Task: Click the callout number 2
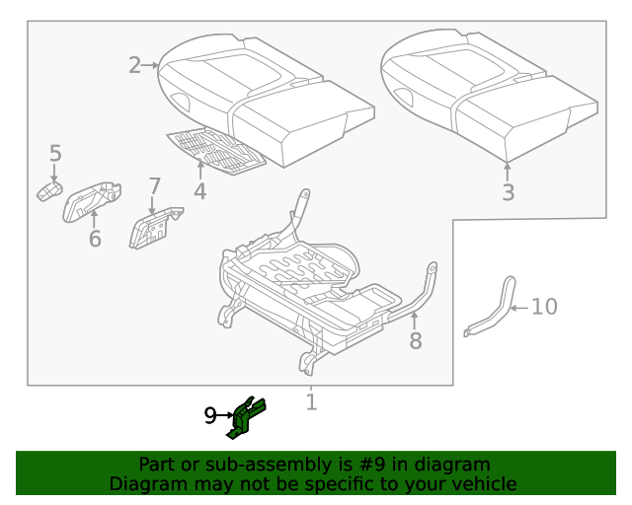point(135,65)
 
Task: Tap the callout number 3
point(508,192)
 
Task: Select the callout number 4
point(199,190)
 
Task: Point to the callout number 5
point(55,153)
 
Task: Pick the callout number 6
point(95,239)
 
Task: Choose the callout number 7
point(154,186)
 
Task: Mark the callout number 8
point(416,340)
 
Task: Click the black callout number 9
point(209,416)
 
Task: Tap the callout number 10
point(544,307)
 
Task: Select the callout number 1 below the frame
point(311,402)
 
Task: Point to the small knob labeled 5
point(49,190)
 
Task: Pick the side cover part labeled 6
point(92,200)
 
